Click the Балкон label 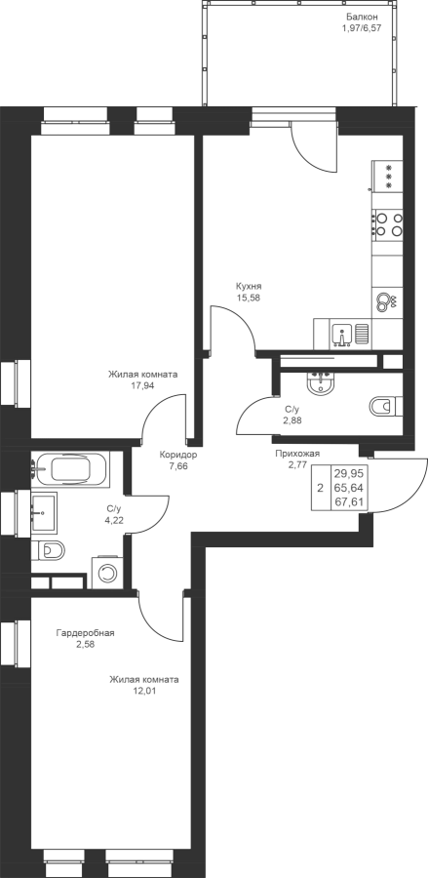(x=358, y=17)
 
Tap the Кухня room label (x=249, y=287)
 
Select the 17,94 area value (x=142, y=385)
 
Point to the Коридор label (x=177, y=455)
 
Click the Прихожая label (x=297, y=454)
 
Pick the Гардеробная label (x=85, y=633)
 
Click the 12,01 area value (x=143, y=691)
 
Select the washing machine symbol (x=106, y=573)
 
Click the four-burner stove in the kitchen (x=388, y=223)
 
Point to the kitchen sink (x=341, y=335)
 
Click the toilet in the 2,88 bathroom (x=385, y=406)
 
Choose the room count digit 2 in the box (x=320, y=488)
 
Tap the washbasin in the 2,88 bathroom (x=320, y=382)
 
